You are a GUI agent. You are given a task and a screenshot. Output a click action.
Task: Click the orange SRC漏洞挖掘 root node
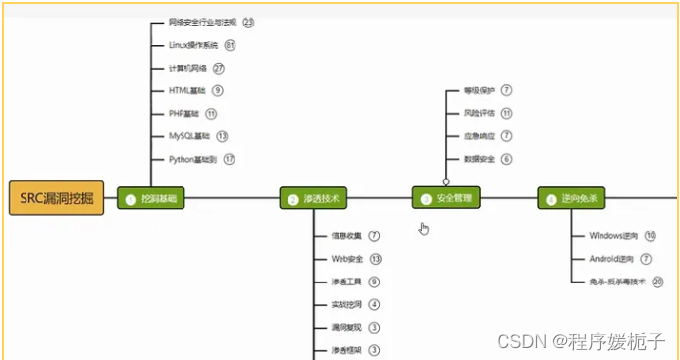[56, 198]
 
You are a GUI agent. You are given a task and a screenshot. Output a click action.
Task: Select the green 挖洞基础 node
[150, 199]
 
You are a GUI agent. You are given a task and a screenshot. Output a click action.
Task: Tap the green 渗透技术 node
[313, 199]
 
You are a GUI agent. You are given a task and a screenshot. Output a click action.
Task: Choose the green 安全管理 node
[445, 199]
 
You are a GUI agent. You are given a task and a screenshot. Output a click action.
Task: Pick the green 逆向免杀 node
[573, 199]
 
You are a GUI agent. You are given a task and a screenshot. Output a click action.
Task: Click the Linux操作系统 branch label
[192, 45]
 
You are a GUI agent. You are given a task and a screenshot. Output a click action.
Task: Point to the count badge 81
[230, 45]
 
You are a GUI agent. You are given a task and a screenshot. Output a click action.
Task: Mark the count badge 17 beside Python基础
[230, 159]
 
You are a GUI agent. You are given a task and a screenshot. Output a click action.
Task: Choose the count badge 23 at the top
[248, 22]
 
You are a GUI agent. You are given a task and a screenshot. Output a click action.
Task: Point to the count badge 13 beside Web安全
[375, 259]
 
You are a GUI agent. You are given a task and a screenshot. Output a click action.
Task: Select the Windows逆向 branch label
[613, 235]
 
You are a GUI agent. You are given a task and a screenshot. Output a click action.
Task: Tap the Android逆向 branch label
[611, 259]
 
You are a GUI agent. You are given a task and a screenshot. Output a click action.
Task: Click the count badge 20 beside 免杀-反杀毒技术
[657, 282]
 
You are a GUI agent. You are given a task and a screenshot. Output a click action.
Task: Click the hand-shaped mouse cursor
[424, 229]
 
